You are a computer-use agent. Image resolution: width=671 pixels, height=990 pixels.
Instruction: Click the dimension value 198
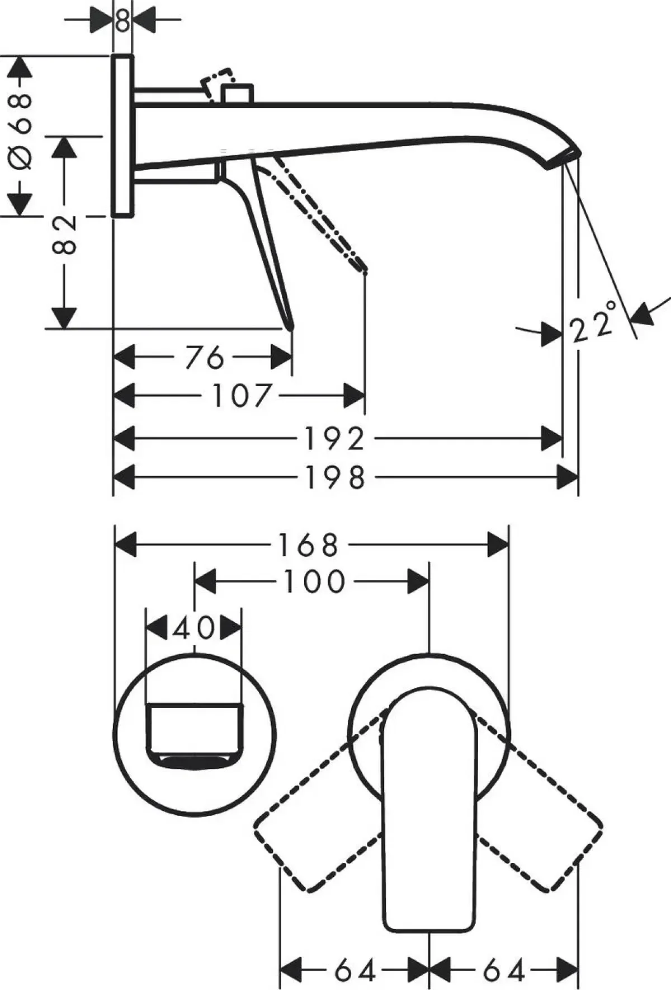point(334,477)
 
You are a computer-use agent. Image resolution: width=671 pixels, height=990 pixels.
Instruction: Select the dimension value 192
point(334,439)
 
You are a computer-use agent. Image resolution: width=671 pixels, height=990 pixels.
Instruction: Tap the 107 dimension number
point(242,396)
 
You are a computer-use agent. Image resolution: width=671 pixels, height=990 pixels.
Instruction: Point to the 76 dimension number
point(204,358)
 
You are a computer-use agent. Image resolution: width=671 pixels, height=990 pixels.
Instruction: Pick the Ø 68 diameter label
point(21,132)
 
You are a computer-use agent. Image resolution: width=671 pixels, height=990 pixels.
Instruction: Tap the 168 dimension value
point(309,545)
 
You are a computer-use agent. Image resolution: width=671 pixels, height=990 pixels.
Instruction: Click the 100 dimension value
point(314,582)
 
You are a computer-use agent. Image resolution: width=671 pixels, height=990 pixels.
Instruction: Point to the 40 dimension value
point(193,628)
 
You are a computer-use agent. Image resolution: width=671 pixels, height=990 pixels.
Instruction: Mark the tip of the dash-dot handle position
point(363,270)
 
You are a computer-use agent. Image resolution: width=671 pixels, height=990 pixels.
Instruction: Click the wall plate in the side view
point(123,135)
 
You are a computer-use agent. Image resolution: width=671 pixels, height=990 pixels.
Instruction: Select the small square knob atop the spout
point(237,93)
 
